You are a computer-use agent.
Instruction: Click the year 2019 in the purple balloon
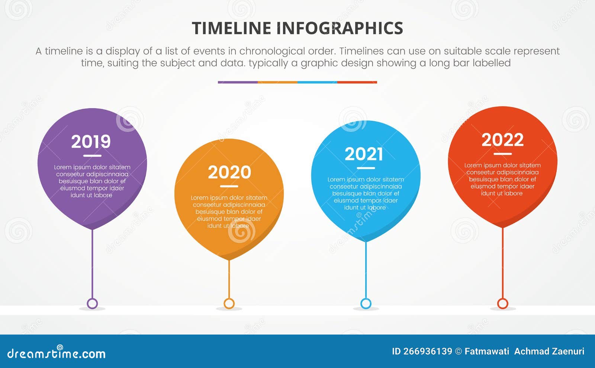click(x=91, y=142)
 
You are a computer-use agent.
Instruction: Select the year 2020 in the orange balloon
click(x=229, y=172)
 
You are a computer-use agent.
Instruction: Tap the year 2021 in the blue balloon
click(x=364, y=154)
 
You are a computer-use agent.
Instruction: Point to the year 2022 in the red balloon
click(x=502, y=140)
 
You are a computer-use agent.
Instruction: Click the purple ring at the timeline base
click(x=92, y=303)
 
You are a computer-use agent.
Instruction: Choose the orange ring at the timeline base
click(x=229, y=303)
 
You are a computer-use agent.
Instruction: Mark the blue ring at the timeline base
click(x=366, y=303)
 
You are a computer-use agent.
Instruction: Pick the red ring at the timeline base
click(x=503, y=303)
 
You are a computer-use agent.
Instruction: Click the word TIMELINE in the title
click(x=231, y=29)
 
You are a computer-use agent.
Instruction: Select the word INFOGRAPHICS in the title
click(x=340, y=29)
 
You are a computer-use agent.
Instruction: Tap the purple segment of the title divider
click(x=238, y=82)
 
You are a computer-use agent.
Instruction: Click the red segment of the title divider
click(x=357, y=82)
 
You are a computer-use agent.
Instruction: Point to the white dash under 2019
click(x=92, y=156)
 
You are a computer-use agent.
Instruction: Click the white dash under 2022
click(x=503, y=154)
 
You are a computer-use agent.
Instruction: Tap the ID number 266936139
click(x=428, y=351)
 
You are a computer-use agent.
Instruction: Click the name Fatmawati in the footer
click(x=487, y=351)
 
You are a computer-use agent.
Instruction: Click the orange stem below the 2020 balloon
click(x=229, y=279)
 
